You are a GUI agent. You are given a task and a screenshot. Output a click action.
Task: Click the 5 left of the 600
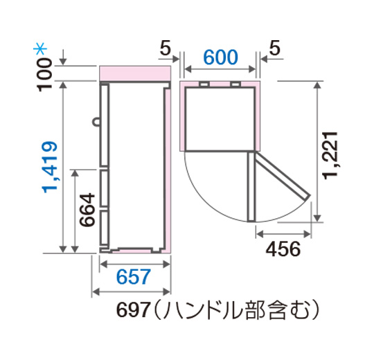coord(165,48)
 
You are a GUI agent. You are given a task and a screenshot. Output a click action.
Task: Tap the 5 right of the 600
coord(274,48)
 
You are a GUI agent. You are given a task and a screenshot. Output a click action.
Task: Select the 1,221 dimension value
coord(332,154)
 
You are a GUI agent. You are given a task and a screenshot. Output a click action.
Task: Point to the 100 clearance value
coord(46,73)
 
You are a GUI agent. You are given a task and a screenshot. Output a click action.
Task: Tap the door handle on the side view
coord(95,123)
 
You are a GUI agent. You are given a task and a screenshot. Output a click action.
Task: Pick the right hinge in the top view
coord(236,84)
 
